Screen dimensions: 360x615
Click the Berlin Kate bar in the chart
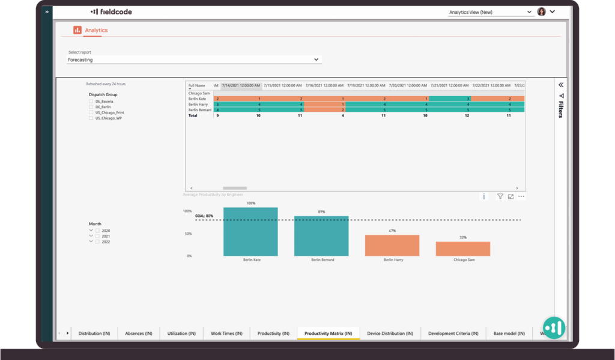[250, 232]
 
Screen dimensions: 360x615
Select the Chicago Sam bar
[462, 249]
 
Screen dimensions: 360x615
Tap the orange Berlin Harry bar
[392, 245]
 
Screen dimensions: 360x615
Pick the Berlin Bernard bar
[321, 236]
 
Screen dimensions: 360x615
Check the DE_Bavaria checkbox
[91, 102]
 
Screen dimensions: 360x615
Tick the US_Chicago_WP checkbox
[91, 118]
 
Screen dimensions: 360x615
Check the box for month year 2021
[98, 236]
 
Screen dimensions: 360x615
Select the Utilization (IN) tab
[181, 334]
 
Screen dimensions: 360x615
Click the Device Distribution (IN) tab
[390, 334]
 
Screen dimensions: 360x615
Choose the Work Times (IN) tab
[226, 334]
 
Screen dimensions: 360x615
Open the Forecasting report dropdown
[193, 60]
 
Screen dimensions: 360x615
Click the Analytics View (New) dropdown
[490, 12]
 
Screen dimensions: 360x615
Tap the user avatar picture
[541, 11]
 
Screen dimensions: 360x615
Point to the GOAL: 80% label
[204, 216]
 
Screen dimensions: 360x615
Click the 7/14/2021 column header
[240, 85]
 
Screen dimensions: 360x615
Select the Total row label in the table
[193, 115]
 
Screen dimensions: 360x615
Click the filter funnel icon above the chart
[500, 197]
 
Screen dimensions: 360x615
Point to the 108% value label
[250, 204]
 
